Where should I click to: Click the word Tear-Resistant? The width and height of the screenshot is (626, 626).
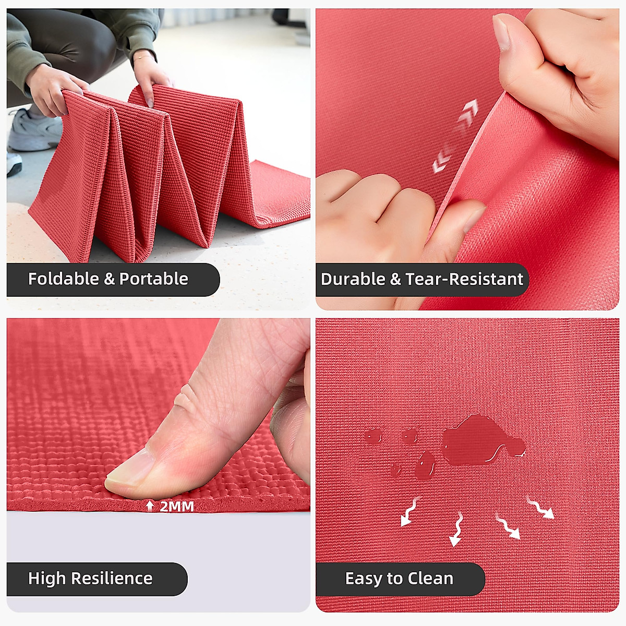[x=464, y=280]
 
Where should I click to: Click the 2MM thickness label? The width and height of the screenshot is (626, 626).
[x=176, y=506]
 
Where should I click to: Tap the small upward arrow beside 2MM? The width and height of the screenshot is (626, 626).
[x=150, y=506]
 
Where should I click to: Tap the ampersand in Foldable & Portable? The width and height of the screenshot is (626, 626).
[x=109, y=279]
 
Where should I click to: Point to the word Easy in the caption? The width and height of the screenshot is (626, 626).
[x=363, y=579]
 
